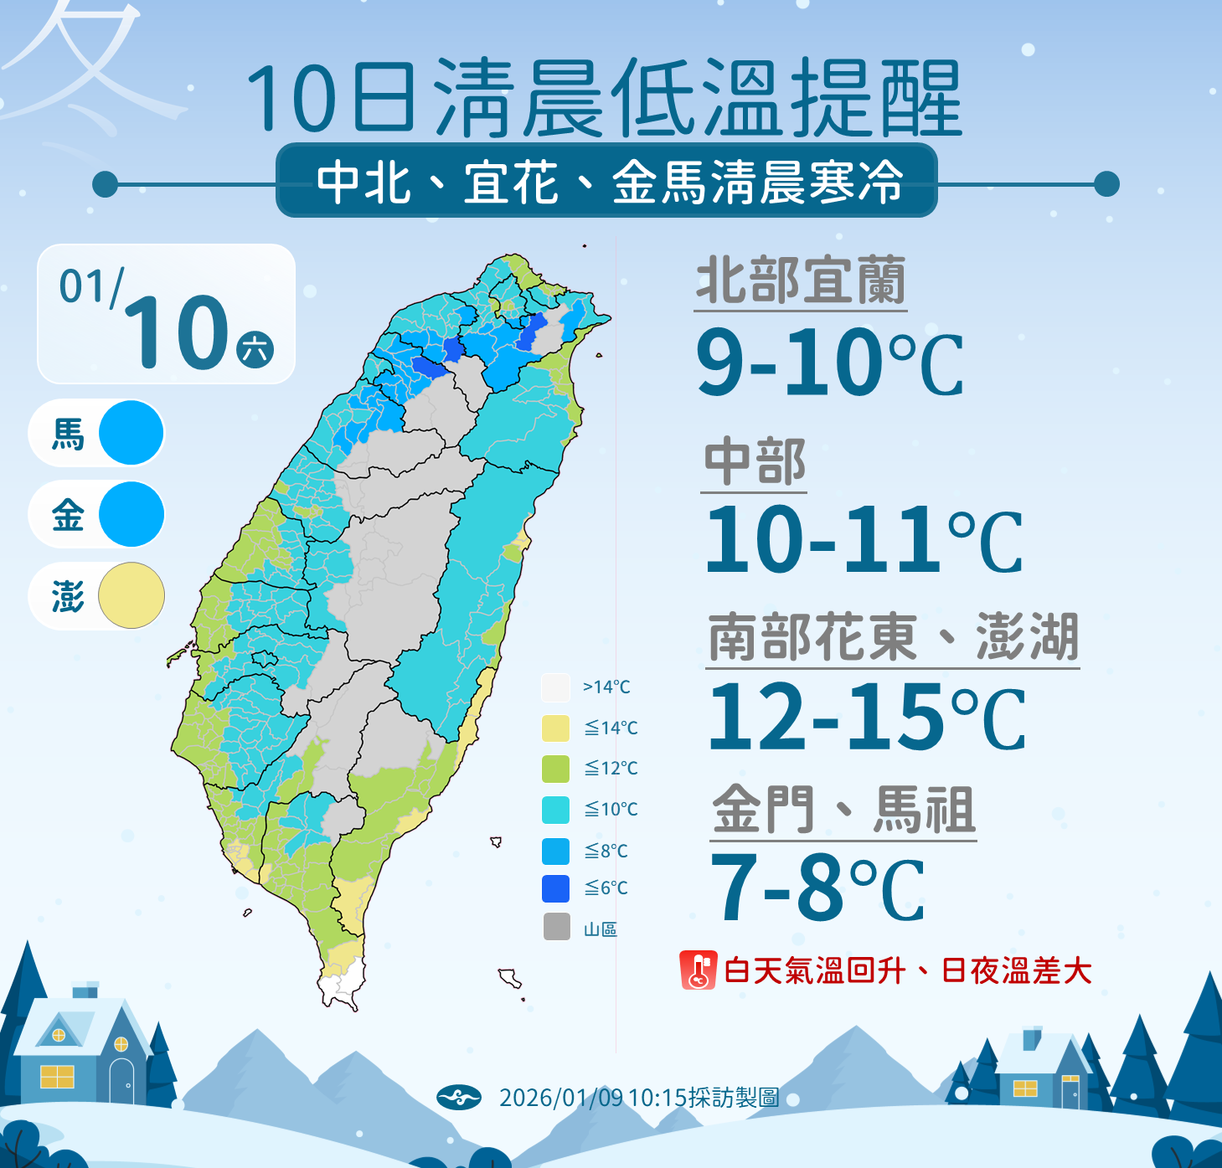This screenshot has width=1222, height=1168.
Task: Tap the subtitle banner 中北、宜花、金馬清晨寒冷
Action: coord(607,181)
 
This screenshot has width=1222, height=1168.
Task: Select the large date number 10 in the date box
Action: coord(177,333)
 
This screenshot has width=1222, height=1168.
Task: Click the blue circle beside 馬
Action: coord(131,433)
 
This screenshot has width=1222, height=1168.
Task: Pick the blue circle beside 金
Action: coord(131,514)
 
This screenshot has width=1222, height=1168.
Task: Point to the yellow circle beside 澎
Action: coord(131,596)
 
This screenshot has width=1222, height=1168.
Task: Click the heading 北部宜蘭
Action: coord(801,281)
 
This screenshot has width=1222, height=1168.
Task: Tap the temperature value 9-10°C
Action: coord(829,363)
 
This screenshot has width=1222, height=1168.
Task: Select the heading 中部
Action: coord(755,462)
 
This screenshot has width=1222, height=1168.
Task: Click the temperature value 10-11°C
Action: coord(863,540)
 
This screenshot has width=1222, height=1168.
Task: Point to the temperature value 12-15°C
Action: coord(866,718)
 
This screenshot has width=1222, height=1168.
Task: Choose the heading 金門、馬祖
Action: coord(843,810)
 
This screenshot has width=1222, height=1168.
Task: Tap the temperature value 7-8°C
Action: coord(817,888)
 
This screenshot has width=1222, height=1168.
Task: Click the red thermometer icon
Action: coord(698,970)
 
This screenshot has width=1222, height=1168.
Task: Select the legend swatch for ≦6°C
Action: coord(555,888)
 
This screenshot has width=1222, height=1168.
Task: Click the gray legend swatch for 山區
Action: coord(556,927)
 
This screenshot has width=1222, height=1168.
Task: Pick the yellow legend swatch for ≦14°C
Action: coord(555,728)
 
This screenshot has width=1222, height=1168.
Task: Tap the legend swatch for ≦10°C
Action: coord(555,810)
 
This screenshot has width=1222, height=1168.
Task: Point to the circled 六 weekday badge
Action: coord(255,349)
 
